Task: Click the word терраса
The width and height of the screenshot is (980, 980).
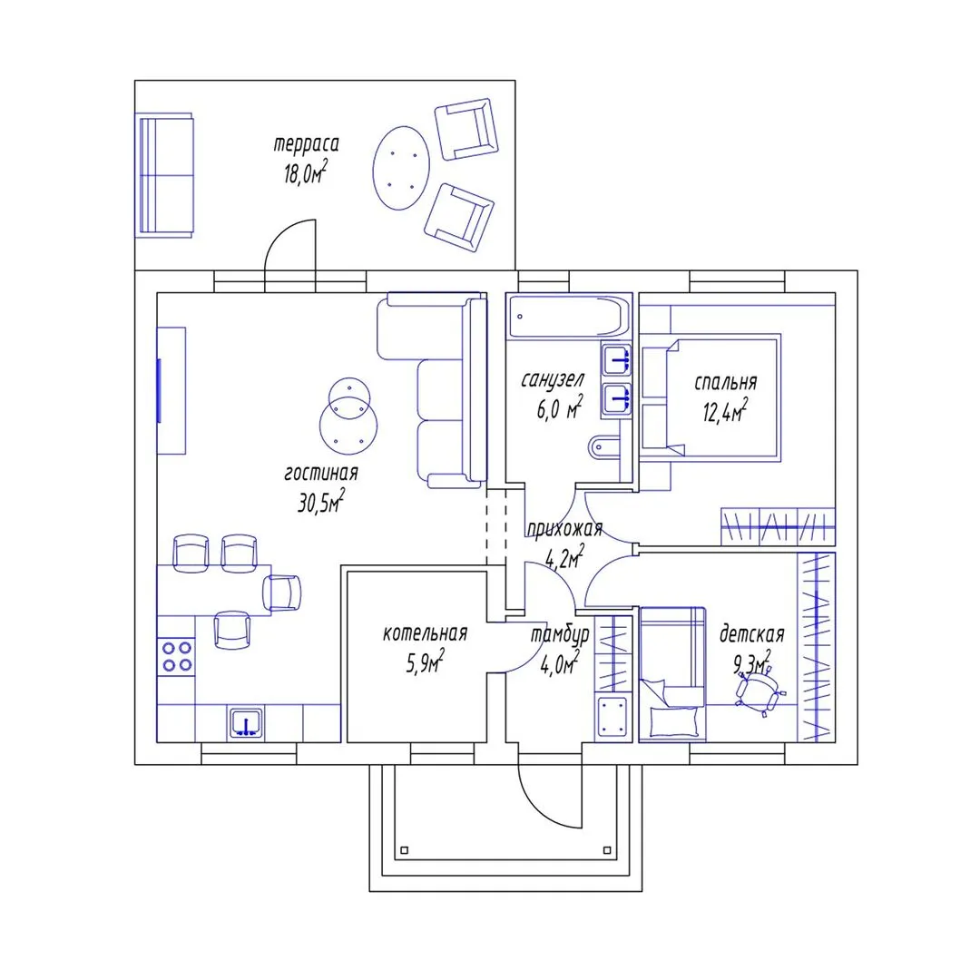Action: (x=307, y=144)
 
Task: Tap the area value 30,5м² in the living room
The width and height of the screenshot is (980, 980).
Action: (x=321, y=501)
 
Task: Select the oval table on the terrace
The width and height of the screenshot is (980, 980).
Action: (x=401, y=168)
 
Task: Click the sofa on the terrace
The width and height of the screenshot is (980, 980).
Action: (x=164, y=176)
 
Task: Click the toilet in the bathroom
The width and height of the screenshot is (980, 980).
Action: (x=604, y=446)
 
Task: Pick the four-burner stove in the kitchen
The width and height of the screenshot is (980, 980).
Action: (x=177, y=656)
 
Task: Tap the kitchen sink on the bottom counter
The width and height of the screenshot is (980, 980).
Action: (x=246, y=723)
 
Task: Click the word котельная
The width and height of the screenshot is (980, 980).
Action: (x=425, y=633)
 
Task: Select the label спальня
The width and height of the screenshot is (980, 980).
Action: (x=726, y=382)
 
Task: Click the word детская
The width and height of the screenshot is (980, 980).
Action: (x=752, y=634)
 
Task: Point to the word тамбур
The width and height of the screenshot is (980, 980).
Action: (x=560, y=635)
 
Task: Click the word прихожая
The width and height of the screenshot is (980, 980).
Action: (x=564, y=529)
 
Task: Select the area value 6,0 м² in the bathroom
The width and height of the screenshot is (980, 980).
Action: (x=559, y=407)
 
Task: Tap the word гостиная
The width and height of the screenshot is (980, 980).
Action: (x=321, y=473)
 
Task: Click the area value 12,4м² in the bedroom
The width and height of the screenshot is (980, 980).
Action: (x=725, y=411)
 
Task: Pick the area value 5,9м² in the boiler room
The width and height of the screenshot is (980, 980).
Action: (x=425, y=661)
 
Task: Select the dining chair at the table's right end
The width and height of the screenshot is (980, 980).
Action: (x=282, y=592)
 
